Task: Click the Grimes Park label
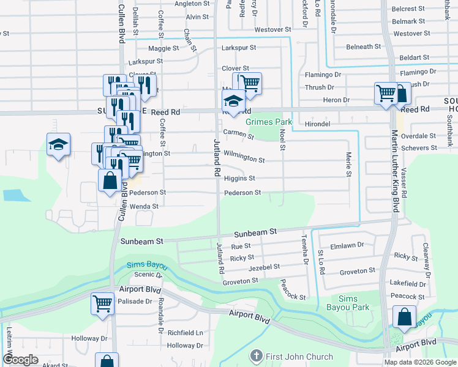click(269, 122)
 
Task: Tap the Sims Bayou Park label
click(348, 303)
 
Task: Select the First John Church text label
click(299, 357)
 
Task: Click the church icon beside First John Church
click(256, 356)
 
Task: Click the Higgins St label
click(239, 179)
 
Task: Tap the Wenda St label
click(144, 207)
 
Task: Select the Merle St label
click(348, 165)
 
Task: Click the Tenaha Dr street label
click(304, 251)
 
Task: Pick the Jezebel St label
click(264, 267)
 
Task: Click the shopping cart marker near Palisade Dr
click(102, 303)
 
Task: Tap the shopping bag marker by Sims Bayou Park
click(404, 317)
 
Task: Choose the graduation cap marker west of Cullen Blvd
click(59, 144)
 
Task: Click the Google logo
click(21, 360)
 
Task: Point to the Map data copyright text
click(420, 362)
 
